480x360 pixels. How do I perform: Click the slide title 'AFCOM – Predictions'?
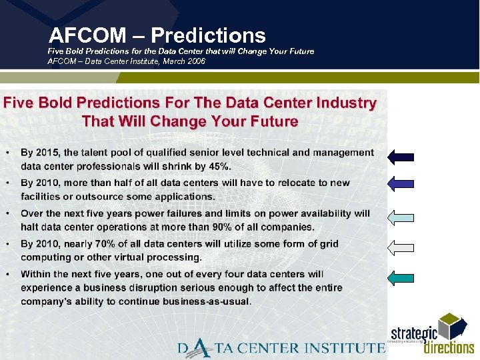[157, 35]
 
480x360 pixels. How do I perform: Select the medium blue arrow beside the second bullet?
[401, 183]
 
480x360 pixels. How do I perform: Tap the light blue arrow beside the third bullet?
[401, 217]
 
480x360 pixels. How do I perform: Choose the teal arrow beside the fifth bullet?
[401, 278]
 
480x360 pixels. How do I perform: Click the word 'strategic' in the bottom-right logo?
[413, 333]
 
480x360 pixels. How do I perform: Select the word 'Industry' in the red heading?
[343, 103]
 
